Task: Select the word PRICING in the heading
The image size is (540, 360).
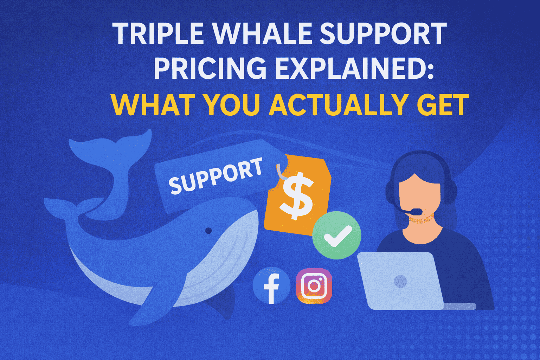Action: pyautogui.click(x=210, y=68)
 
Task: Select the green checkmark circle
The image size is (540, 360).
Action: pyautogui.click(x=337, y=235)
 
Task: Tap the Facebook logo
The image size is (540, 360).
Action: pyautogui.click(x=271, y=285)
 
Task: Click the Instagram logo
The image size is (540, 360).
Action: pyautogui.click(x=314, y=286)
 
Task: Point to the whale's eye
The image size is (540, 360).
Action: pyautogui.click(x=208, y=231)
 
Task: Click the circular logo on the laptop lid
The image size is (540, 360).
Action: pyautogui.click(x=400, y=281)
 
